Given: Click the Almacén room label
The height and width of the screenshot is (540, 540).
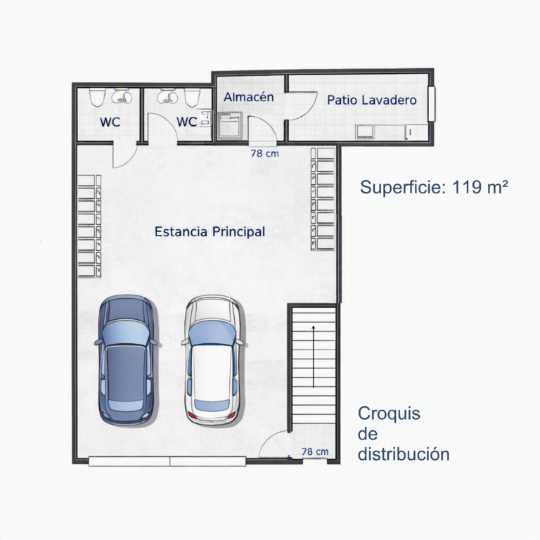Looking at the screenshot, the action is point(249,97).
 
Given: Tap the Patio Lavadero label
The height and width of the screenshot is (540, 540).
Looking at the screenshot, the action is point(372,101).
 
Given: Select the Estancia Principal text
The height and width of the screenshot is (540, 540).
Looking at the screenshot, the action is point(210,232).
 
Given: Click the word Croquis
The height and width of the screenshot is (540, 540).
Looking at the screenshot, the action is point(389,413).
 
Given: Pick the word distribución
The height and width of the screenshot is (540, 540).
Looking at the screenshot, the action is point(404,454).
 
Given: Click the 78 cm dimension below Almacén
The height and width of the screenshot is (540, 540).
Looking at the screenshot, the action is point(264,153).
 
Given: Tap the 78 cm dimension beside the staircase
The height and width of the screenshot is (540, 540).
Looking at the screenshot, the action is point(315,451).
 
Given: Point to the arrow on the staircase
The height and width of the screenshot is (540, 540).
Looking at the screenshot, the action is point(314,356).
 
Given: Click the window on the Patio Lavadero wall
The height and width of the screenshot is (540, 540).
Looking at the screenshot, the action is point(432,103).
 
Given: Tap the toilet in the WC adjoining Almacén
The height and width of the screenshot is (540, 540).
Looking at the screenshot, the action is point(192,97).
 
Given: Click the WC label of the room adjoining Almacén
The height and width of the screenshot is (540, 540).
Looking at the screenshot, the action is point(186,122).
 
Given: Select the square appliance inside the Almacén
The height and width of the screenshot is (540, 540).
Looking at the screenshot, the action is point(230,126).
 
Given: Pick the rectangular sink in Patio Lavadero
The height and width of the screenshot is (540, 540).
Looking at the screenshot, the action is point(365,132).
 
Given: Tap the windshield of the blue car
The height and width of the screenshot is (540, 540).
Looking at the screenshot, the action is point(126,332).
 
